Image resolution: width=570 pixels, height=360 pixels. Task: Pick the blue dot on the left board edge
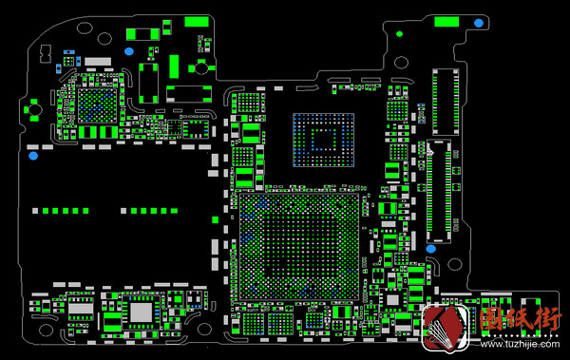(x=32, y=153)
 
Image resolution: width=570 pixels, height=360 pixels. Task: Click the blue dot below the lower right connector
(x=430, y=249)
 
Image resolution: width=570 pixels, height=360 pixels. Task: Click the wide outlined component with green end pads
(x=189, y=93)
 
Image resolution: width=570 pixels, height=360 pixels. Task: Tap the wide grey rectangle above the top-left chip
(x=98, y=61)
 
